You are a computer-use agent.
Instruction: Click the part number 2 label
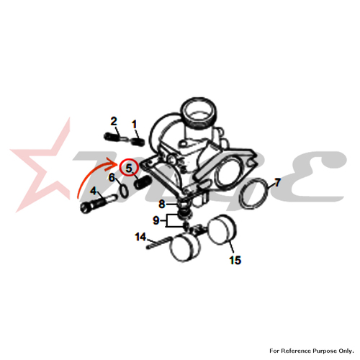click(x=114, y=121)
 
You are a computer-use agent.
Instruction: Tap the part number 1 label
click(x=134, y=125)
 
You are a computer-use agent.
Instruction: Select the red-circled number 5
click(x=129, y=168)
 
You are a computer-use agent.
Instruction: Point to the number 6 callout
click(x=112, y=178)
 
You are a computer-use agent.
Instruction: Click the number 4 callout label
click(x=93, y=191)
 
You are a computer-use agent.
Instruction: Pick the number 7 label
click(x=277, y=183)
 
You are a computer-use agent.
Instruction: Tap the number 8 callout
click(x=162, y=204)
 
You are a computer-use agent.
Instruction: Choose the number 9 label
click(x=156, y=220)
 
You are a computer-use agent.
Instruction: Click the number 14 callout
click(x=140, y=237)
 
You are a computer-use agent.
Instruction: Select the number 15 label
click(x=235, y=260)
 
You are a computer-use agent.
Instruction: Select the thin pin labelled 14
click(x=158, y=243)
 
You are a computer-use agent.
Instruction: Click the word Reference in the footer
click(x=296, y=351)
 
